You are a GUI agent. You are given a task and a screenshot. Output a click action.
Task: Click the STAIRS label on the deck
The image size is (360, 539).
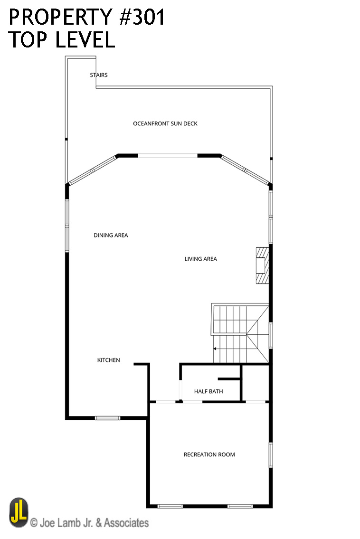click(x=99, y=75)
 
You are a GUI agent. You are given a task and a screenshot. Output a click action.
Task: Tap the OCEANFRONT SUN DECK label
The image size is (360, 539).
click(x=165, y=123)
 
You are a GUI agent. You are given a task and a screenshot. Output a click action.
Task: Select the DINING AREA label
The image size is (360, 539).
click(x=111, y=235)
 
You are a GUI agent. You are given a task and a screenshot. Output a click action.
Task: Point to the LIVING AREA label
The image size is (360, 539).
click(x=200, y=259)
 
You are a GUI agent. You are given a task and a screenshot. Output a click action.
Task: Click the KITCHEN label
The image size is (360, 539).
click(x=108, y=360)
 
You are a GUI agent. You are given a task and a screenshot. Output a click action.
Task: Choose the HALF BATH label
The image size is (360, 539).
click(x=208, y=391)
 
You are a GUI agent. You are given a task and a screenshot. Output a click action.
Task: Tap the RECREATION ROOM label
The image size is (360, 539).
click(x=209, y=454)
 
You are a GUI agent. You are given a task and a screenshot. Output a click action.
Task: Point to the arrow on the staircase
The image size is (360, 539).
click(x=216, y=349)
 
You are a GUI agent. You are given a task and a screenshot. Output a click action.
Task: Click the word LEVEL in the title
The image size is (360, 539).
click(x=85, y=40)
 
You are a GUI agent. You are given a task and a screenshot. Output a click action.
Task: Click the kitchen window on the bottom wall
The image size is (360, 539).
click(x=107, y=418)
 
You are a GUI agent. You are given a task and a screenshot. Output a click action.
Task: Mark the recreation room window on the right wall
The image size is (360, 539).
click(x=271, y=454)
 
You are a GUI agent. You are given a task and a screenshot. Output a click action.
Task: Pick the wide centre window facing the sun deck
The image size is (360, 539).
click(x=168, y=155)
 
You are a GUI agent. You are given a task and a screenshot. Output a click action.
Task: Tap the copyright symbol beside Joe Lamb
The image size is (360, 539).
click(x=34, y=523)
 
